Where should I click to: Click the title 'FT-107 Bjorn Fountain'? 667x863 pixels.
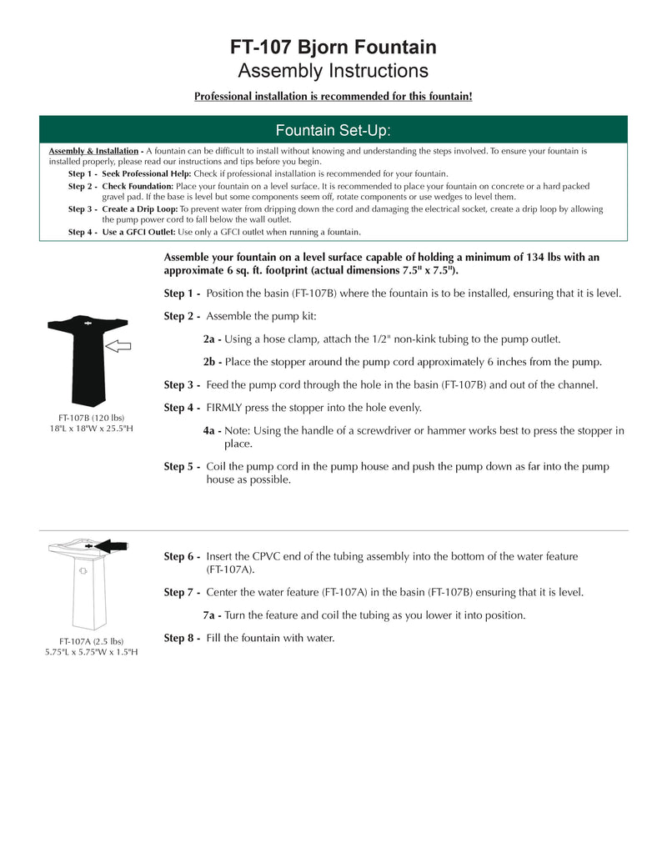pyautogui.click(x=333, y=48)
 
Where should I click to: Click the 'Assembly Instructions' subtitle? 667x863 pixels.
pyautogui.click(x=333, y=71)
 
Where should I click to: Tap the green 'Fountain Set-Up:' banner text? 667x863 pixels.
pyautogui.click(x=333, y=131)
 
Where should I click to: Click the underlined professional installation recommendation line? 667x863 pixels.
pyautogui.click(x=333, y=97)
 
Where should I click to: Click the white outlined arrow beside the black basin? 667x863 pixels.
pyautogui.click(x=119, y=345)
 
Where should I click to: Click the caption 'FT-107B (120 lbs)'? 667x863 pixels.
pyautogui.click(x=91, y=417)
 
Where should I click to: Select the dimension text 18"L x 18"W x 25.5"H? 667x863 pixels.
pyautogui.click(x=91, y=429)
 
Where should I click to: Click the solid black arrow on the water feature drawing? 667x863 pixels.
pyautogui.click(x=113, y=546)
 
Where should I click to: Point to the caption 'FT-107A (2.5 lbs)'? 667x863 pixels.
pyautogui.click(x=91, y=641)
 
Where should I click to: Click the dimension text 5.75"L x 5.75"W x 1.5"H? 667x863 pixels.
pyautogui.click(x=91, y=652)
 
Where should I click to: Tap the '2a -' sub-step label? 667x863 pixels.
pyautogui.click(x=212, y=339)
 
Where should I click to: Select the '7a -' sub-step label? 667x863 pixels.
pyautogui.click(x=212, y=615)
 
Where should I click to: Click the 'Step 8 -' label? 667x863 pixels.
pyautogui.click(x=182, y=638)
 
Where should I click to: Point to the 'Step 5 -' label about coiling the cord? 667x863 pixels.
pyautogui.click(x=182, y=467)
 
